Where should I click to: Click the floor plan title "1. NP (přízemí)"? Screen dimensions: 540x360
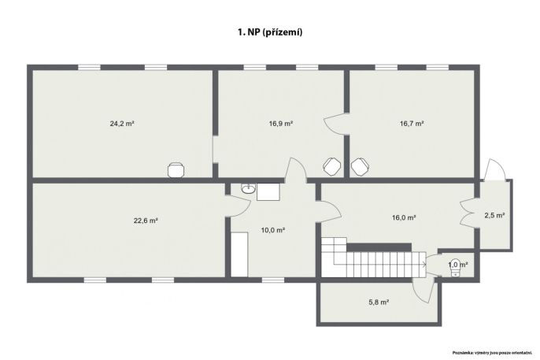click(270, 32)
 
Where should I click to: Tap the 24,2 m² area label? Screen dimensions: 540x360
click(122, 124)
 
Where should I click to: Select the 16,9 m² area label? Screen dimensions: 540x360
click(281, 124)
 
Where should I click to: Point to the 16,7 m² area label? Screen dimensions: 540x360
click(412, 124)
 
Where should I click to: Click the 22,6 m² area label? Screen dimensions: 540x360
click(146, 221)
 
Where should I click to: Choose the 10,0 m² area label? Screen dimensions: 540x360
click(272, 230)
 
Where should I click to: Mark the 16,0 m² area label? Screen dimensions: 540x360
click(404, 217)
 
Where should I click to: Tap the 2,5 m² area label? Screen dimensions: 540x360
click(494, 216)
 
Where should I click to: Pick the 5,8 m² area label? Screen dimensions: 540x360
click(379, 302)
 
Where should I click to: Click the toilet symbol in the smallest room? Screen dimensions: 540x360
click(455, 268)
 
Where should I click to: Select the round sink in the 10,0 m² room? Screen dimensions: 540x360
click(248, 188)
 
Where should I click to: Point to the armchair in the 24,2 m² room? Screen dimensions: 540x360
click(176, 170)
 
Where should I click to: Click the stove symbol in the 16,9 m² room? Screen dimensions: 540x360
click(332, 166)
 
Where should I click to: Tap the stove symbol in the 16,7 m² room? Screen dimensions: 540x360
click(360, 166)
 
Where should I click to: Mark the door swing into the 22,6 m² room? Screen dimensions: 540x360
click(239, 206)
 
